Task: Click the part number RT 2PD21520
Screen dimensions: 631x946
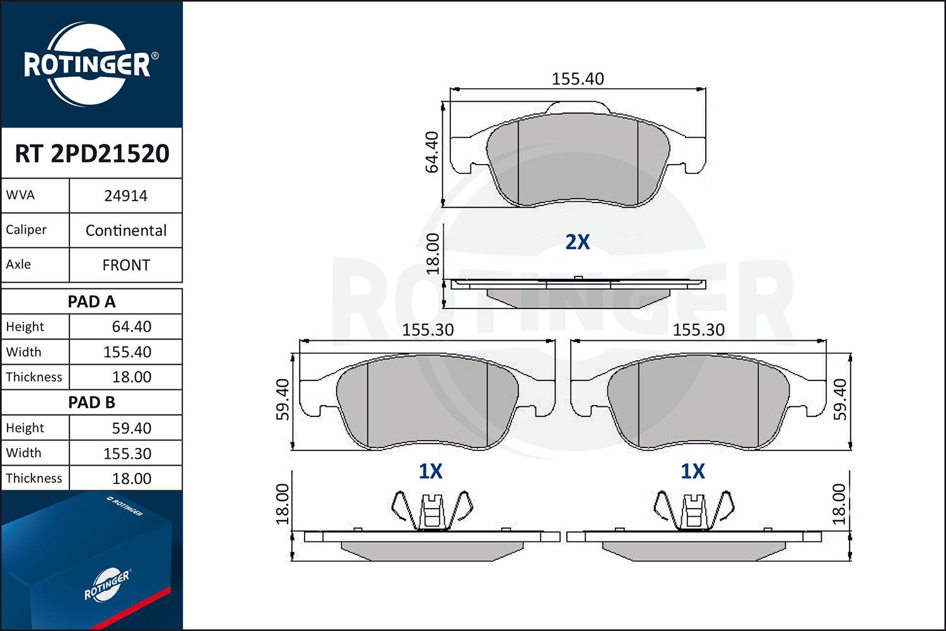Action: point(92,153)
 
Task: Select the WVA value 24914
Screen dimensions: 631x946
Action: point(126,196)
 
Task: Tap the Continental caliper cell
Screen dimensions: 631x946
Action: point(126,230)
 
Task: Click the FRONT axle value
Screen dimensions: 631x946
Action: point(126,265)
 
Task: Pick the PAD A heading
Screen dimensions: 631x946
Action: point(91,302)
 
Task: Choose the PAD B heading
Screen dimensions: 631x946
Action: point(91,403)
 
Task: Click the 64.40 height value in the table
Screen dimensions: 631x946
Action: point(131,327)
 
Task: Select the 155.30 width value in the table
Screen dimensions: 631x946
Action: point(127,453)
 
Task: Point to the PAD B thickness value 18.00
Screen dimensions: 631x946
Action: point(131,478)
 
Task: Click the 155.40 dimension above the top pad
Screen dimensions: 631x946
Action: point(578,79)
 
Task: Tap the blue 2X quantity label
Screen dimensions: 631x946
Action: point(577,242)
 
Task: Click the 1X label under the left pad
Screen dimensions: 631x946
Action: point(431,471)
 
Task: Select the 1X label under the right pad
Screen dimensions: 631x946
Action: point(692,471)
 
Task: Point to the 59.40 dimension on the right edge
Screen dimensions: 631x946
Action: point(839,399)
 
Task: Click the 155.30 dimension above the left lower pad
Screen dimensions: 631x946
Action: point(428,330)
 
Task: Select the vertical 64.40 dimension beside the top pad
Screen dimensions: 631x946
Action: point(432,152)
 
